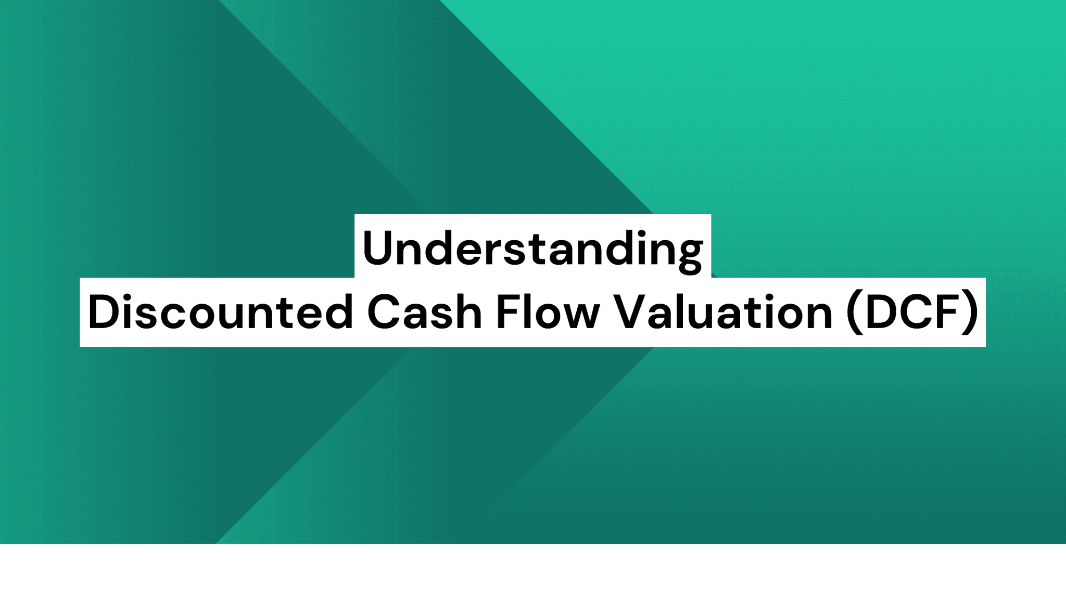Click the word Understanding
pos(532,249)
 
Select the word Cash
pos(425,312)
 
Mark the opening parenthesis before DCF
pos(854,312)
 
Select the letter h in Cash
pos(469,312)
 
